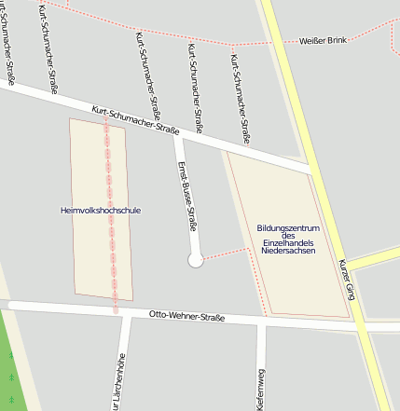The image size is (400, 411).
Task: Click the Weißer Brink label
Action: pyautogui.click(x=323, y=41)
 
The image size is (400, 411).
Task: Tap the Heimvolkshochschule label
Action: pyautogui.click(x=100, y=211)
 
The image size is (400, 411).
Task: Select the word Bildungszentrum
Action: pyautogui.click(x=288, y=228)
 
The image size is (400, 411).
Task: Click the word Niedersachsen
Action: pyautogui.click(x=288, y=251)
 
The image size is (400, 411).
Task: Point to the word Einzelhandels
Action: pyautogui.click(x=288, y=243)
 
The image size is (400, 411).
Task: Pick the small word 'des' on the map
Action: pyautogui.click(x=288, y=236)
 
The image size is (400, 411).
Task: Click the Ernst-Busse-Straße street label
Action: pyautogui.click(x=186, y=195)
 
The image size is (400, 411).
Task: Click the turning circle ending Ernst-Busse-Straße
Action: pyautogui.click(x=196, y=261)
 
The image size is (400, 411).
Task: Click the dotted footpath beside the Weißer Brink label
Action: pyautogui.click(x=270, y=43)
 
